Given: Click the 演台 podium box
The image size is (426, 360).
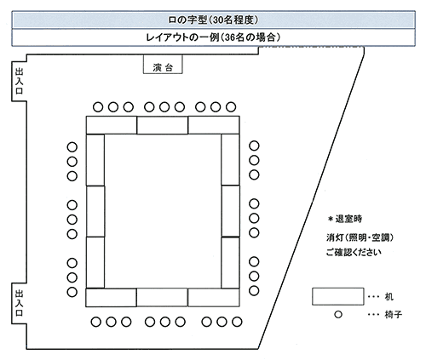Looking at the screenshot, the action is tap(163, 65).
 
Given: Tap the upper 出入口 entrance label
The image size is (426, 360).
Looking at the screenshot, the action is tap(19, 81).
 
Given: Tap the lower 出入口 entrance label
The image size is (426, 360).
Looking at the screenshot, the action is tap(19, 303).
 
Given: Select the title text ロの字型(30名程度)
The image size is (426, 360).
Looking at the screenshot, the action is tap(213, 20).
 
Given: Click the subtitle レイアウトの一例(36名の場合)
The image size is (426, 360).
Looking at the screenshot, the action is tap(213, 37).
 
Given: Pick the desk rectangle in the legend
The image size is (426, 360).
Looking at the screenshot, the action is tap(338, 296).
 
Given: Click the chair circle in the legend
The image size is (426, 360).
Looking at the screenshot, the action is tap(338, 314).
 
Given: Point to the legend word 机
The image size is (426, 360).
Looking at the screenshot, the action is tap(389, 297).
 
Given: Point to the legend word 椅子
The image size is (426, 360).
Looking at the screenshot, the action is tap(394, 314).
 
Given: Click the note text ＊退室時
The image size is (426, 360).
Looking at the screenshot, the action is tap(345, 219).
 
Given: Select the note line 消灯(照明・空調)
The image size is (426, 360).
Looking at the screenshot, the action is tap(360, 237).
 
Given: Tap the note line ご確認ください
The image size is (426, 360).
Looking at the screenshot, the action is tap(354, 252).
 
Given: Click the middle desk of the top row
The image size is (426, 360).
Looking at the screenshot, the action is tap(163, 125).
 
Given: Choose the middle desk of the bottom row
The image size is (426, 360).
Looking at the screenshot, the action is tap(162, 297).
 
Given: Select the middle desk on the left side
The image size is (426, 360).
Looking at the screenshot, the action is tap(95, 211).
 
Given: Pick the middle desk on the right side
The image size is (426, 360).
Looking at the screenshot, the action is tap(230, 211).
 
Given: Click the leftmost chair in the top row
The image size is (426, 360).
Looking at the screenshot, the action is tap(98, 107).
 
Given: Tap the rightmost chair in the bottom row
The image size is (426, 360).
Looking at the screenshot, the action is tap(237, 322).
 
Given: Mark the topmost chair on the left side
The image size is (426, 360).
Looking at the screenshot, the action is tap(72, 147).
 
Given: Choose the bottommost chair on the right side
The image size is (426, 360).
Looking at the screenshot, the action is tap(254, 290).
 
